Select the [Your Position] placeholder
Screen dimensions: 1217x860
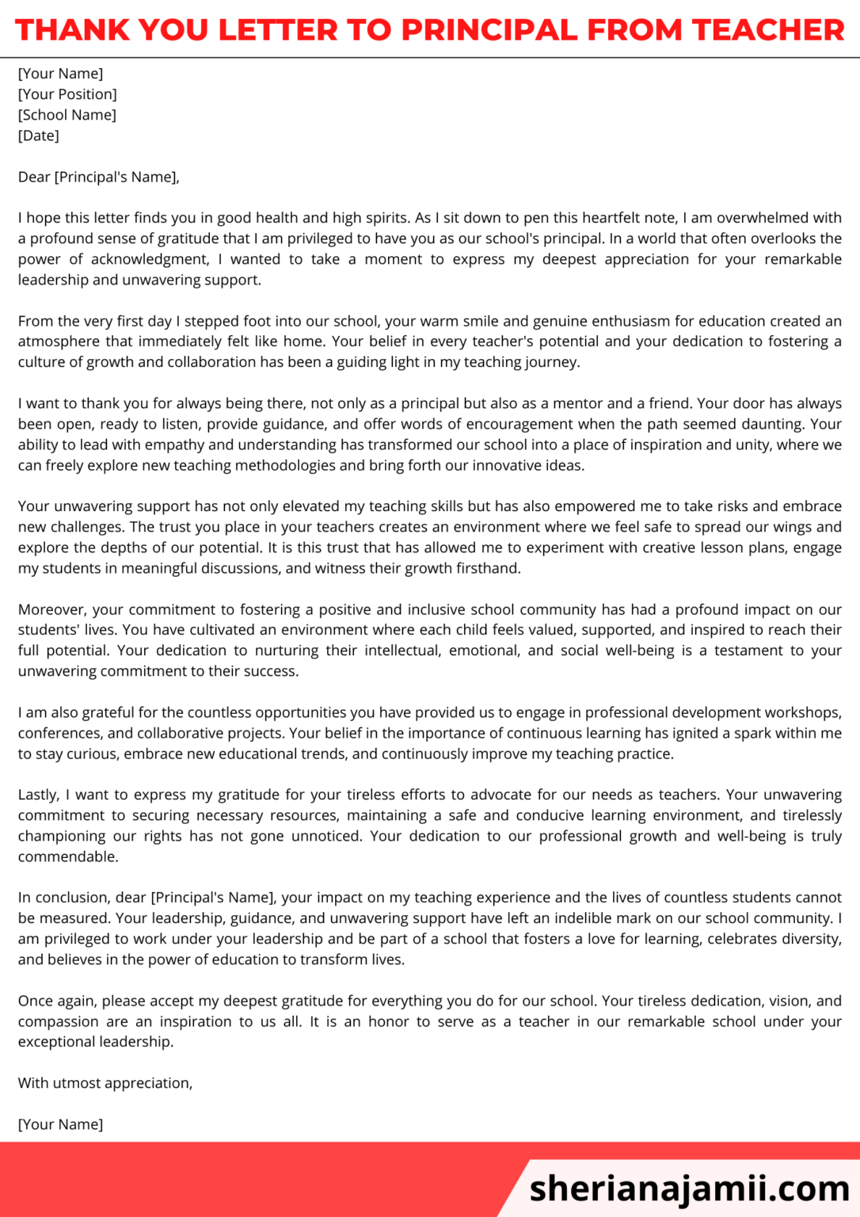(x=67, y=94)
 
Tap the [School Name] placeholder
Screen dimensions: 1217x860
(x=67, y=115)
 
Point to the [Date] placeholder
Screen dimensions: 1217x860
(x=39, y=135)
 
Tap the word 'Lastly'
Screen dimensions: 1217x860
(x=38, y=795)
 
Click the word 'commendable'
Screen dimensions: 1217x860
(x=67, y=856)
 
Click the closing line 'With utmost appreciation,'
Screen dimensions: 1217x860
(x=105, y=1083)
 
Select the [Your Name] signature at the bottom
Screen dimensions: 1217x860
(x=60, y=1124)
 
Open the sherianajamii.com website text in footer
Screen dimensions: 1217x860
(x=689, y=1188)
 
